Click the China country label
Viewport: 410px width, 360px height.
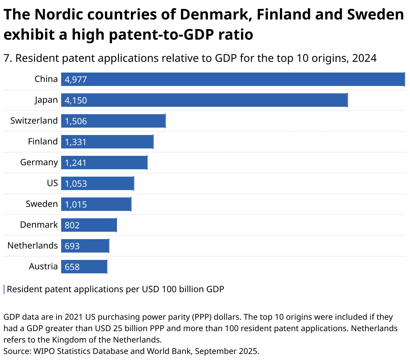(46, 79)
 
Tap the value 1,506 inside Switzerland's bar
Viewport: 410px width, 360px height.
(76, 121)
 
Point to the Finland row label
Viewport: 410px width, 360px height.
(43, 141)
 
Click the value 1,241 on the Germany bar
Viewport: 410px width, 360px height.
(76, 163)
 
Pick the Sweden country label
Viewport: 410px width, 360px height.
(42, 204)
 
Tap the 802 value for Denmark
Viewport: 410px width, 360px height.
(72, 225)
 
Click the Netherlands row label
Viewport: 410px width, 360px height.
(33, 245)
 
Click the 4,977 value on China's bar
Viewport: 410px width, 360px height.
(76, 80)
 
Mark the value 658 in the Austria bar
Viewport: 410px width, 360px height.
(72, 267)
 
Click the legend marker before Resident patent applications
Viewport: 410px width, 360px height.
(4, 289)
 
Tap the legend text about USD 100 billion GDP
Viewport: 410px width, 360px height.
(115, 289)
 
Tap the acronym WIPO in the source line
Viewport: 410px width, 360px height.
(43, 351)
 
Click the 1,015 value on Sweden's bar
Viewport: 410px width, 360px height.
(76, 205)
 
